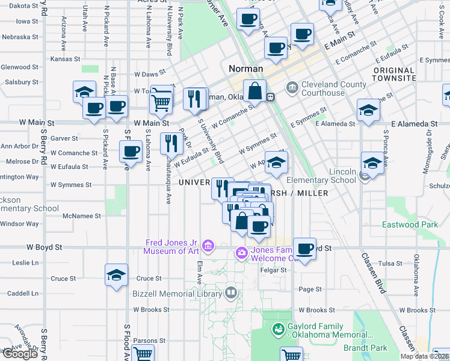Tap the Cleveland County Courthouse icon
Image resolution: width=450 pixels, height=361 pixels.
292,88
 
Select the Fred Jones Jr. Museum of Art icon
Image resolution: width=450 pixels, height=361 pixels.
208,245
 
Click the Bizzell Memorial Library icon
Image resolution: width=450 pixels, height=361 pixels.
230,293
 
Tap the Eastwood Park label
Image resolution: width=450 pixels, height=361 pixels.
410,224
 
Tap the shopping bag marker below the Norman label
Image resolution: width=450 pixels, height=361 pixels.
255,91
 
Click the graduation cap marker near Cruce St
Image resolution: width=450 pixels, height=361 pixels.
116,276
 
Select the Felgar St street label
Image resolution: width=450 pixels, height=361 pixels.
274,271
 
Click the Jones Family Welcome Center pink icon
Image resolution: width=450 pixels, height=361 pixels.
241,252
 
